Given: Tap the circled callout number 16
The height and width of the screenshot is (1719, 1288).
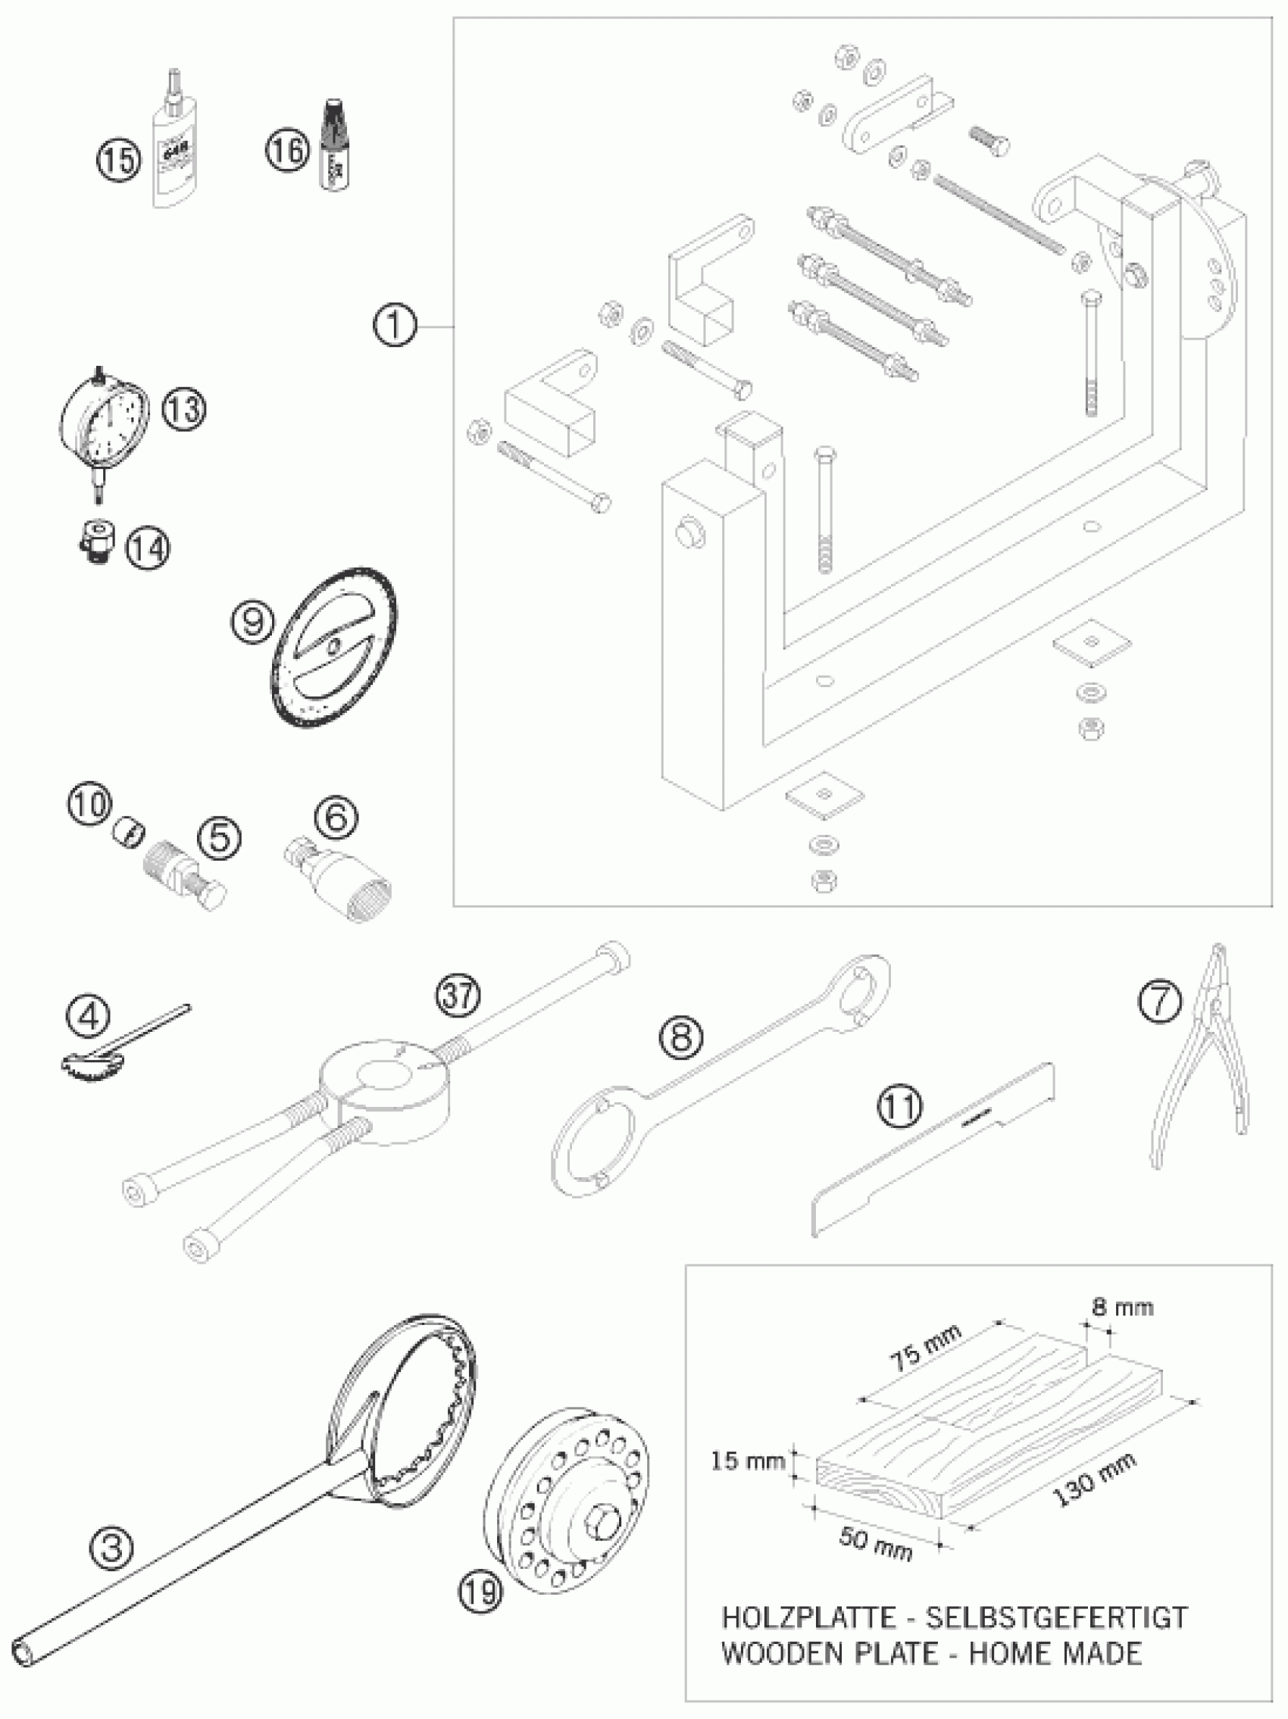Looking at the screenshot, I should (x=288, y=148).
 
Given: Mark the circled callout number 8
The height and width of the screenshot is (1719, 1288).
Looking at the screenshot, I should (x=681, y=1037).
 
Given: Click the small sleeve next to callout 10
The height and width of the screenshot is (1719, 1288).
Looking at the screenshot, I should (x=129, y=833).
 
